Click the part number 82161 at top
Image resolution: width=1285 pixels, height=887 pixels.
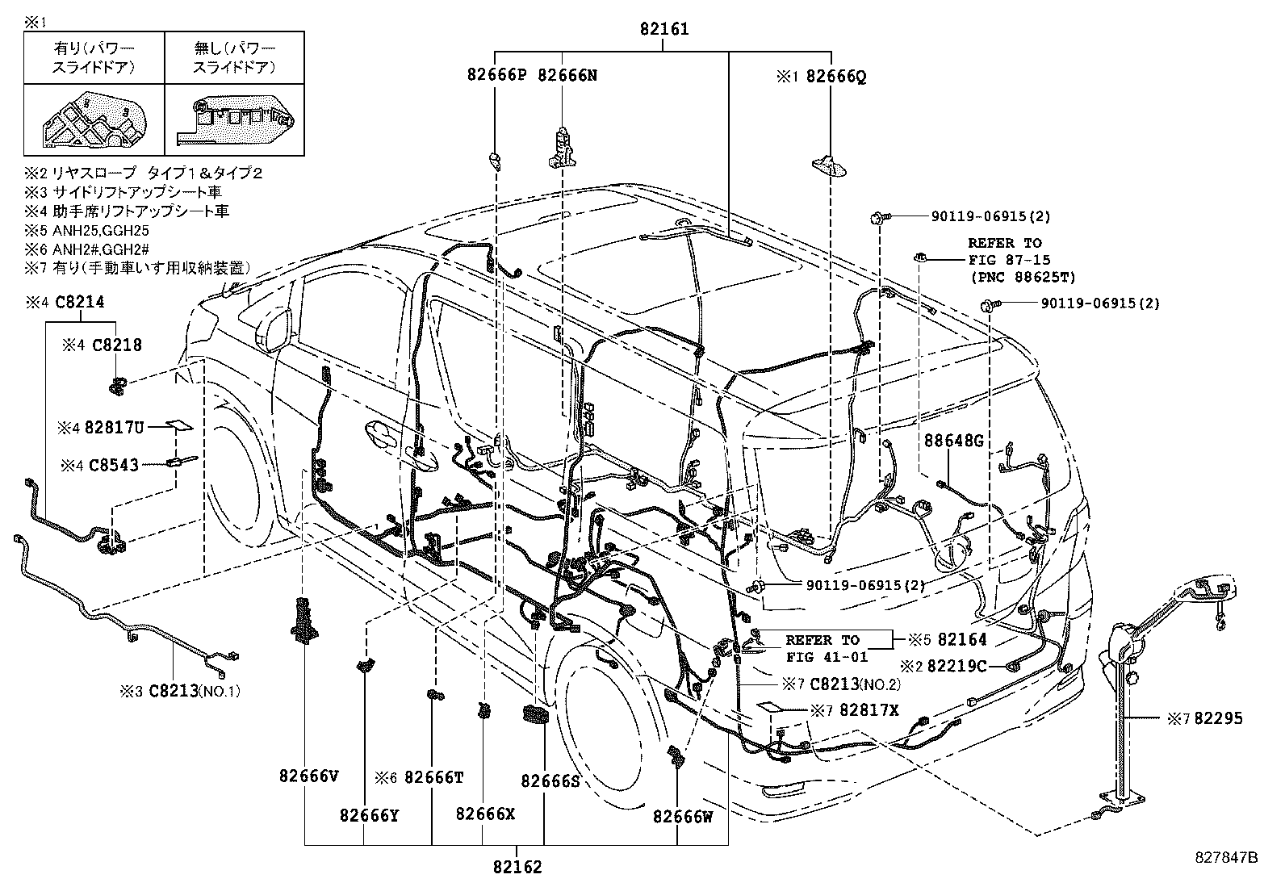[664, 30]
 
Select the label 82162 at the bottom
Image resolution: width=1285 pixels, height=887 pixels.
[517, 868]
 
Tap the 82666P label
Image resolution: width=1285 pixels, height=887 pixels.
[496, 76]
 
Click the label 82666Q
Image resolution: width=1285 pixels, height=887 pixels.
[836, 77]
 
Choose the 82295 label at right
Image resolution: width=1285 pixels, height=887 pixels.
[1219, 718]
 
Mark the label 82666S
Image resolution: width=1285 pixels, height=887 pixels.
[550, 781]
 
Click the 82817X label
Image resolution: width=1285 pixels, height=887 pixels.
[869, 709]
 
